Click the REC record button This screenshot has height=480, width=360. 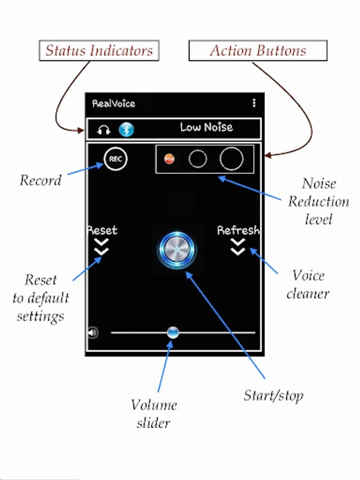point(115,158)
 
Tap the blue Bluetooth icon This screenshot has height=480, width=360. point(126,130)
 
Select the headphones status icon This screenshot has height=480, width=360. point(103,130)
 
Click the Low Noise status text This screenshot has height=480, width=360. point(206,127)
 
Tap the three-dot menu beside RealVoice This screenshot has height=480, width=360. point(254,103)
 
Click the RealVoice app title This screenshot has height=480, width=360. point(114,103)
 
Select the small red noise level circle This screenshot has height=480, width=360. point(169,158)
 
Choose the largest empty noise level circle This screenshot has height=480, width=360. point(231,158)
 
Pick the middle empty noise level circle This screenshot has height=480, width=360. point(198,158)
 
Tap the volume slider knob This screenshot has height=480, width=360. point(173,332)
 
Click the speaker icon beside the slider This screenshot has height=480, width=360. point(93,332)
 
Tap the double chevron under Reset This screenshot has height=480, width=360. point(101,247)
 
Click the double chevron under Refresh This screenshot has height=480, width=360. point(238,247)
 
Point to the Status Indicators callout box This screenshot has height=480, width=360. point(99,51)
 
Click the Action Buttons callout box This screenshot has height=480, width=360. point(258,51)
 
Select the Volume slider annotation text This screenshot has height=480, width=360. point(154,414)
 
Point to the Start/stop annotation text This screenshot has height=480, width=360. point(274,396)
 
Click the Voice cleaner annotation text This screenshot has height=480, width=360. point(308,284)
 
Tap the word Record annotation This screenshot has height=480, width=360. point(41,180)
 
